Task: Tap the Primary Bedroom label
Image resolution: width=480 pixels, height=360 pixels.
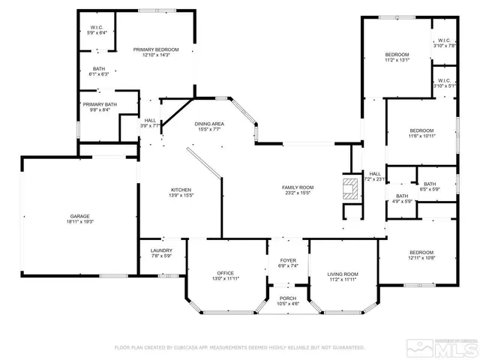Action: [x=156, y=49]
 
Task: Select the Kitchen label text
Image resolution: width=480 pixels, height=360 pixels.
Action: [x=180, y=190]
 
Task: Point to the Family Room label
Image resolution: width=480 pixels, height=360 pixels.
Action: [x=297, y=187]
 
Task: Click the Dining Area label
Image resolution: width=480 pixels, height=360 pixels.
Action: [x=209, y=124]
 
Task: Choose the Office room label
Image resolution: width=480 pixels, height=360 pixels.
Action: [x=226, y=272]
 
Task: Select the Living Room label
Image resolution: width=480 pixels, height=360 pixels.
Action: [x=342, y=274]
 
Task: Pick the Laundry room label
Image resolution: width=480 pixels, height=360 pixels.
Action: [x=161, y=250]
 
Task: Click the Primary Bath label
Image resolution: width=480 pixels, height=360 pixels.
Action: [x=100, y=104]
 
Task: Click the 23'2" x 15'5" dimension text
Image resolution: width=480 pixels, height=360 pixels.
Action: [x=297, y=193]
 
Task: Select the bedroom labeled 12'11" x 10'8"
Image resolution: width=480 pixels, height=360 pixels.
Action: [x=421, y=252]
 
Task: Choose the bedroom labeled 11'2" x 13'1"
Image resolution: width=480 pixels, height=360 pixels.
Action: [x=397, y=55]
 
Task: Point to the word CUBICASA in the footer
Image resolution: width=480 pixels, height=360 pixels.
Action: [x=191, y=347]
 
